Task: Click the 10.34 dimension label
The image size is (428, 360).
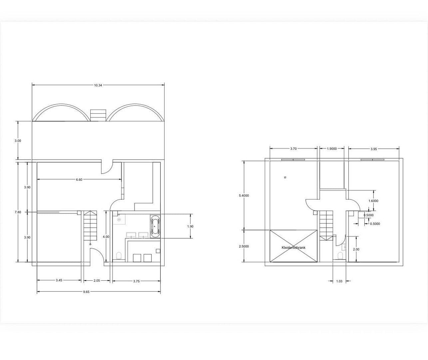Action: coord(98,85)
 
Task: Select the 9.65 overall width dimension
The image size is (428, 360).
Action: coord(86,292)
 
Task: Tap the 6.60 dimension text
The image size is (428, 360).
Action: coord(79,180)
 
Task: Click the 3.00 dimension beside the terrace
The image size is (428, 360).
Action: coord(18,141)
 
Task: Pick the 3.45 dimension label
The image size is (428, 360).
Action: coord(59,280)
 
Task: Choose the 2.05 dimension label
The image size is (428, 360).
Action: coord(97,281)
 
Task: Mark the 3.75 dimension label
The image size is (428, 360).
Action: coord(136,281)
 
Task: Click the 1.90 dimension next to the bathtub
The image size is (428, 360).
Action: coord(190,226)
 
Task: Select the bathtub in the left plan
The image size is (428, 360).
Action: coord(155,226)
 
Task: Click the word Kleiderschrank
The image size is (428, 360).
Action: coord(293,248)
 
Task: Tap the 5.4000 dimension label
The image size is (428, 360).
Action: coord(244,196)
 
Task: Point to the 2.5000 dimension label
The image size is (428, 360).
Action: coord(244,246)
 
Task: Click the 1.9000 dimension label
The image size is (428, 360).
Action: coord(332,149)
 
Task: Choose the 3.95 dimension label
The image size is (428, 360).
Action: coord(374,149)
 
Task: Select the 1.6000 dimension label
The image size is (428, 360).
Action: coord(373,201)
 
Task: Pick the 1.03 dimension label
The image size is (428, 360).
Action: coord(339,281)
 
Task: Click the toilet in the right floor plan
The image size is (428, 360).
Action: coord(340,256)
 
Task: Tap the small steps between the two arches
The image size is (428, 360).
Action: coord(98,115)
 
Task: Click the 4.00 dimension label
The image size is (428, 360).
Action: coord(106,237)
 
